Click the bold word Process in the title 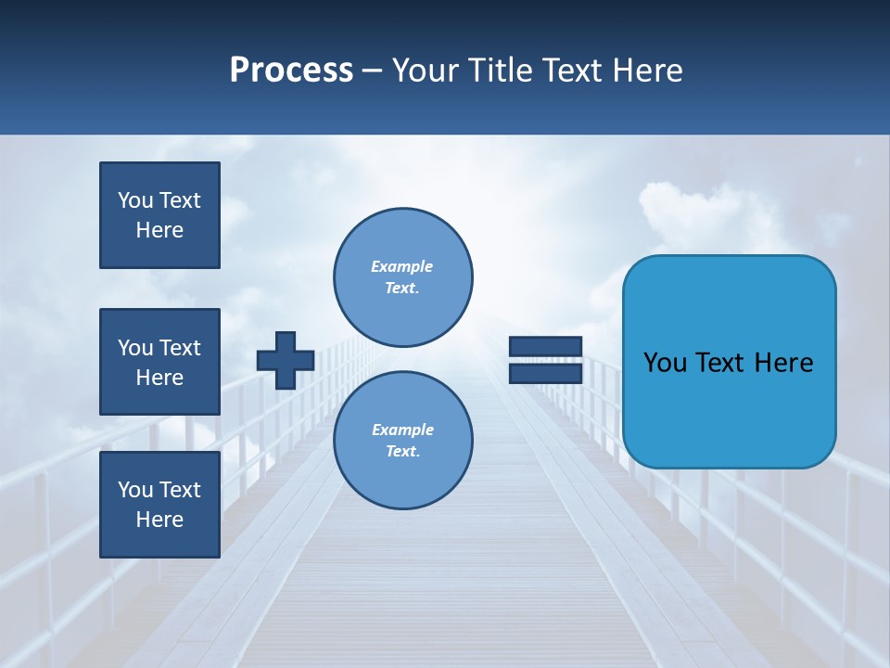(291, 71)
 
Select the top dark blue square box (159, 215)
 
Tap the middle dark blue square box (159, 362)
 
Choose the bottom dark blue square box (159, 504)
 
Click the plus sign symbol (286, 360)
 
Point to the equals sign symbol (545, 360)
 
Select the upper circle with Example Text (403, 276)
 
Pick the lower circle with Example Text (403, 440)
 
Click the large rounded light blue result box (729, 362)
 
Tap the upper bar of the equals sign (545, 347)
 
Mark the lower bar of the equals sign (545, 373)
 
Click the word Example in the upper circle (402, 266)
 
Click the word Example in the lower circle (402, 430)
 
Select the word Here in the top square (159, 230)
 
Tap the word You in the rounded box (665, 363)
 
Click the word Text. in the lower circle (402, 451)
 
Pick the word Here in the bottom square (159, 520)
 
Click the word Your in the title (425, 71)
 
